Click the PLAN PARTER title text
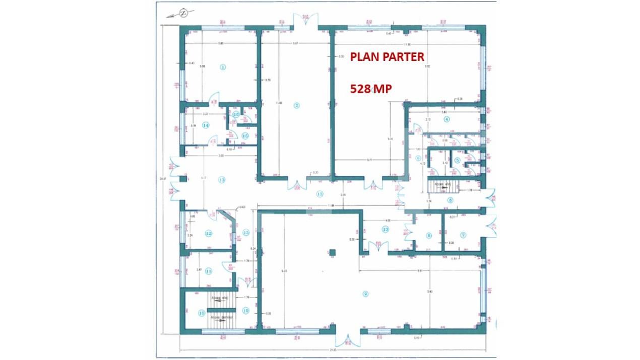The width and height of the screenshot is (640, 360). [387, 57]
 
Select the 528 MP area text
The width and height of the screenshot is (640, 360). [371, 89]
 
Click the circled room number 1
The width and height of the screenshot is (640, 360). [223, 67]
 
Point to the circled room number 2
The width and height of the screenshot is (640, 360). [297, 105]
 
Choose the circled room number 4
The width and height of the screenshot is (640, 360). [446, 119]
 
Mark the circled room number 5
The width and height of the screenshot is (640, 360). [457, 160]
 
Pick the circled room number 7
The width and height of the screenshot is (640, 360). [463, 235]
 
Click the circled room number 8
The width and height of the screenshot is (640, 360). [429, 235]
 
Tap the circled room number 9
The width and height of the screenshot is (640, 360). [366, 293]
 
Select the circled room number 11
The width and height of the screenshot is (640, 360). [209, 271]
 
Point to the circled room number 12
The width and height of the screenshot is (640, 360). [209, 233]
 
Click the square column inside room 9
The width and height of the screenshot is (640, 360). [332, 253]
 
